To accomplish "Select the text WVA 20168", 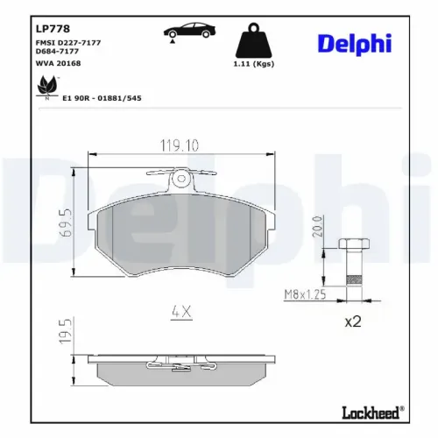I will click(x=60, y=64).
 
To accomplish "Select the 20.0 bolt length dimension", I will click(x=317, y=230).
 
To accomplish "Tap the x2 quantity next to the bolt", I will click(x=352, y=321).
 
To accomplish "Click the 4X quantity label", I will click(x=180, y=309).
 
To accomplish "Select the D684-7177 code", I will click(x=64, y=52).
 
